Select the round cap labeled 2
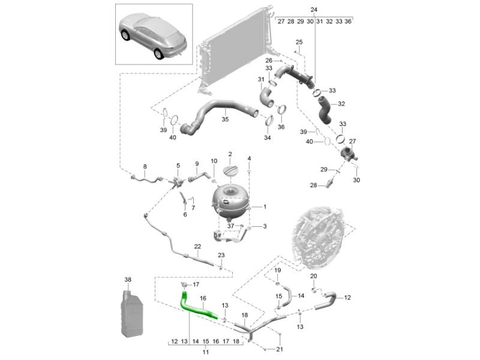(232, 170)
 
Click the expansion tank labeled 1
(230, 202)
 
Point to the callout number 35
(225, 119)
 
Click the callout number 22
(197, 247)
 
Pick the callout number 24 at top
(314, 10)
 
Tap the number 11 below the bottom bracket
(206, 352)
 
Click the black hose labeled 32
(325, 110)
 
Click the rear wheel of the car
(159, 54)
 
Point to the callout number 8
(145, 167)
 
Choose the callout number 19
(277, 271)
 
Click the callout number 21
(280, 349)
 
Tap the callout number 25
(299, 42)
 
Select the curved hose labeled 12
(325, 301)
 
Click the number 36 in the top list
(348, 22)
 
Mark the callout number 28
(313, 185)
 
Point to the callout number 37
(230, 226)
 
